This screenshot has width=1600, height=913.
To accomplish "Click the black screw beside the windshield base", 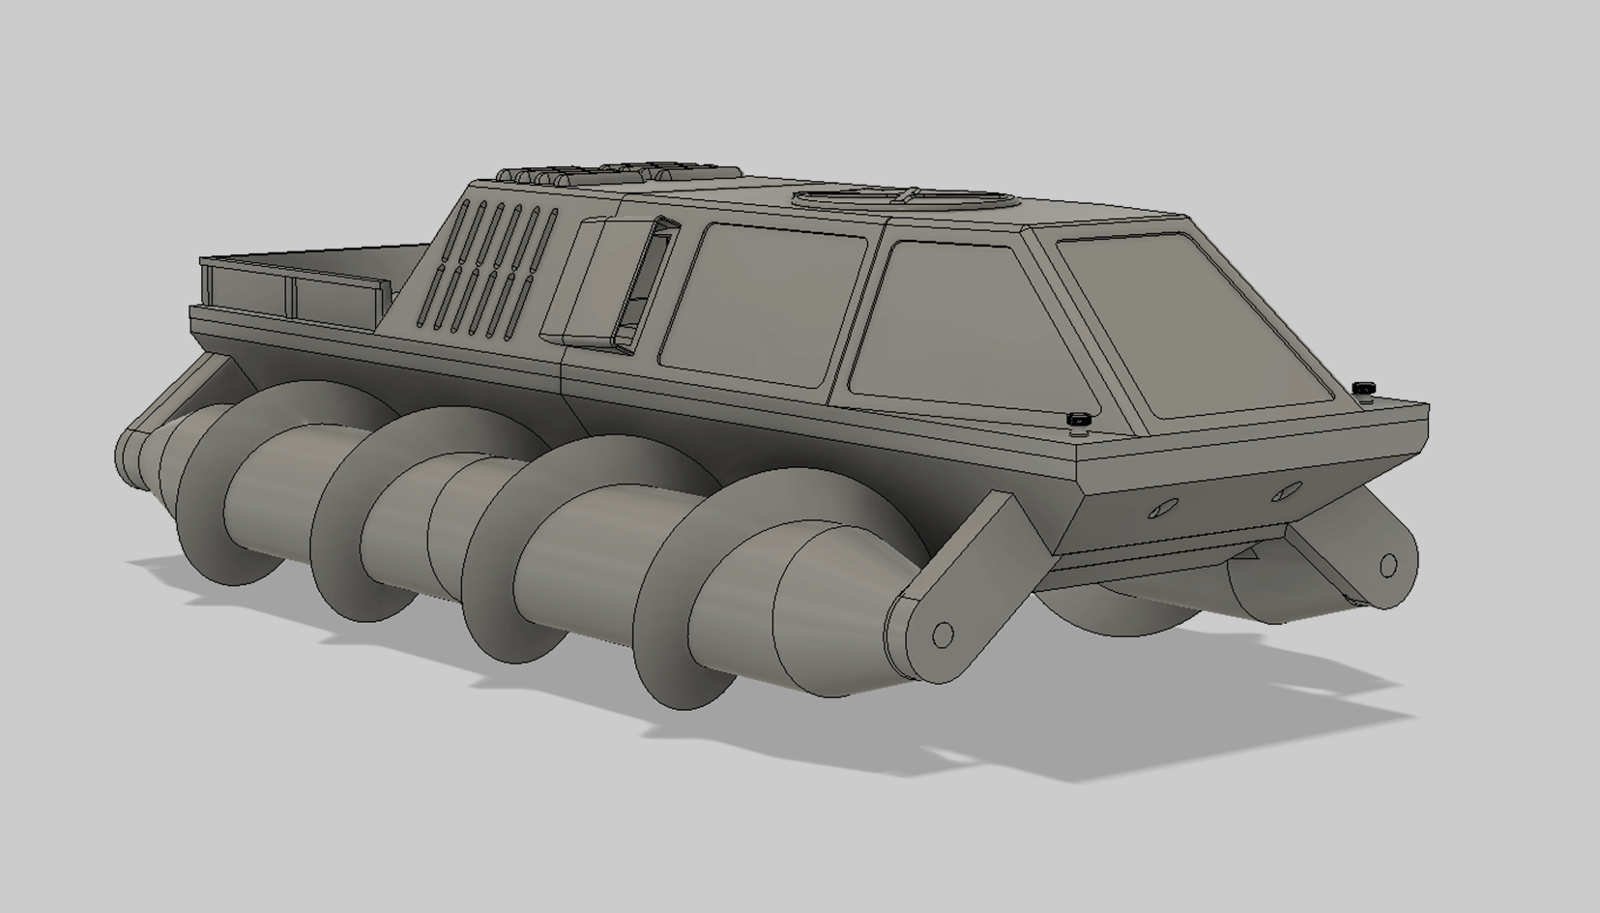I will coord(1078,420).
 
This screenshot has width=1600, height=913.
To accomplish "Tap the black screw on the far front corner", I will coord(1363,389).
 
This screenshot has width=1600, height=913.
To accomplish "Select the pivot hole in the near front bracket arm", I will coord(943,635).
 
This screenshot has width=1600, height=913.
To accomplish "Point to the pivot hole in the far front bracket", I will coord(1387,565).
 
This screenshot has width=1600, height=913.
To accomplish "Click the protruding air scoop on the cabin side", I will coord(609,280).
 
